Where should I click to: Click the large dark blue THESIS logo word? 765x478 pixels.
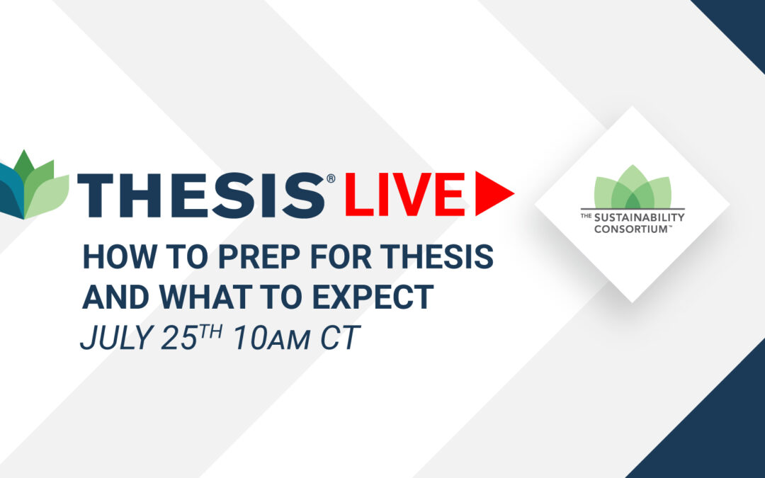click(201, 195)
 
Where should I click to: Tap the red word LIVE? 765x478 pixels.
click(405, 194)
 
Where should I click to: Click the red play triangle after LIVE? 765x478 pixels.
click(494, 193)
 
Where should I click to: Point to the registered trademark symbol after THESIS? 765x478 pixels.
click(331, 178)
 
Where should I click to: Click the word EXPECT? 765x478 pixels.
click(373, 296)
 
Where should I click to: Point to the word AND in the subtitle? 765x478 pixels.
click(115, 296)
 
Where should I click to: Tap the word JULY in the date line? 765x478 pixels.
click(115, 338)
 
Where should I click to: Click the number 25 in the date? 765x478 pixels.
click(178, 338)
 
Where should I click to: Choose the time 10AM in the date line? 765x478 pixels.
click(271, 338)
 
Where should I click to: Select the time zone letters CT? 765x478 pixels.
click(340, 338)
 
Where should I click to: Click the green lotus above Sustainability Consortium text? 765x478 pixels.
click(633, 187)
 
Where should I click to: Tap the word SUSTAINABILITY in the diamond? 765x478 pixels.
click(639, 217)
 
